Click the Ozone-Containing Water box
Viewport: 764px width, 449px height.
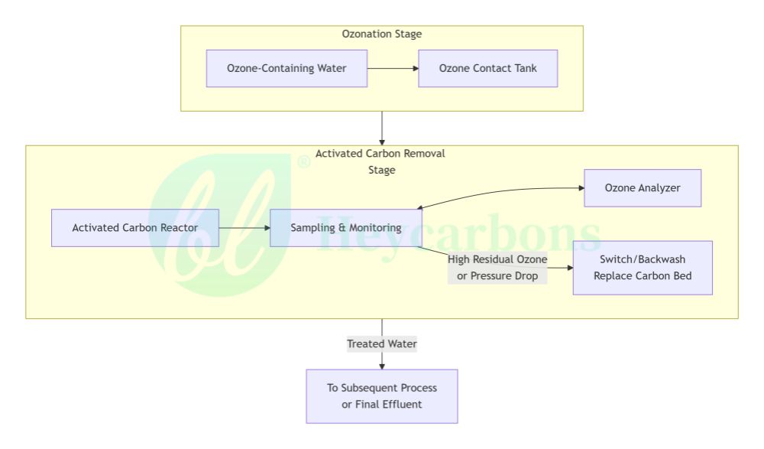[286, 68]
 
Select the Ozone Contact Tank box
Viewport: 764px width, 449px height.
[487, 68]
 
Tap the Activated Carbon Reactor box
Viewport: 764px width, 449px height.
[135, 228]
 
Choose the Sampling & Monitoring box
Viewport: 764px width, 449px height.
[346, 228]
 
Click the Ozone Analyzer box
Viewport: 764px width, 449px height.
[643, 188]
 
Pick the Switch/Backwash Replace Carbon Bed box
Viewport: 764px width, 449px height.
[643, 268]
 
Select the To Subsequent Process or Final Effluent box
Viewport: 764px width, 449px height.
[382, 396]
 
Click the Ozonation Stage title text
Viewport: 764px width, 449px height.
[382, 34]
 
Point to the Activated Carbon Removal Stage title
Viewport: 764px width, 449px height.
[380, 161]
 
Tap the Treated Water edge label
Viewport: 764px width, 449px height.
[382, 344]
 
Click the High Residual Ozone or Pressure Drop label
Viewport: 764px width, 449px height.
[497, 268]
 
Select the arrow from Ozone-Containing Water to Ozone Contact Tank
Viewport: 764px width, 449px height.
[393, 68]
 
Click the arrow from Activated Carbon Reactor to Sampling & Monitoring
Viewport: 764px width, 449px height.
[244, 228]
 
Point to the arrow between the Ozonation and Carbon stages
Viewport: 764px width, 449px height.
[382, 129]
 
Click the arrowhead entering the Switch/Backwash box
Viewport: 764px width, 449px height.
[570, 268]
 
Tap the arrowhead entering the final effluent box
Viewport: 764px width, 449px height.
[382, 366]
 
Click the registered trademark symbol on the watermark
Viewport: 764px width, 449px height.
[303, 161]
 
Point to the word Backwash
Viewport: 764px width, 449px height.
[661, 259]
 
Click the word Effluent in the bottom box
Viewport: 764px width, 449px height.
[403, 404]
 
